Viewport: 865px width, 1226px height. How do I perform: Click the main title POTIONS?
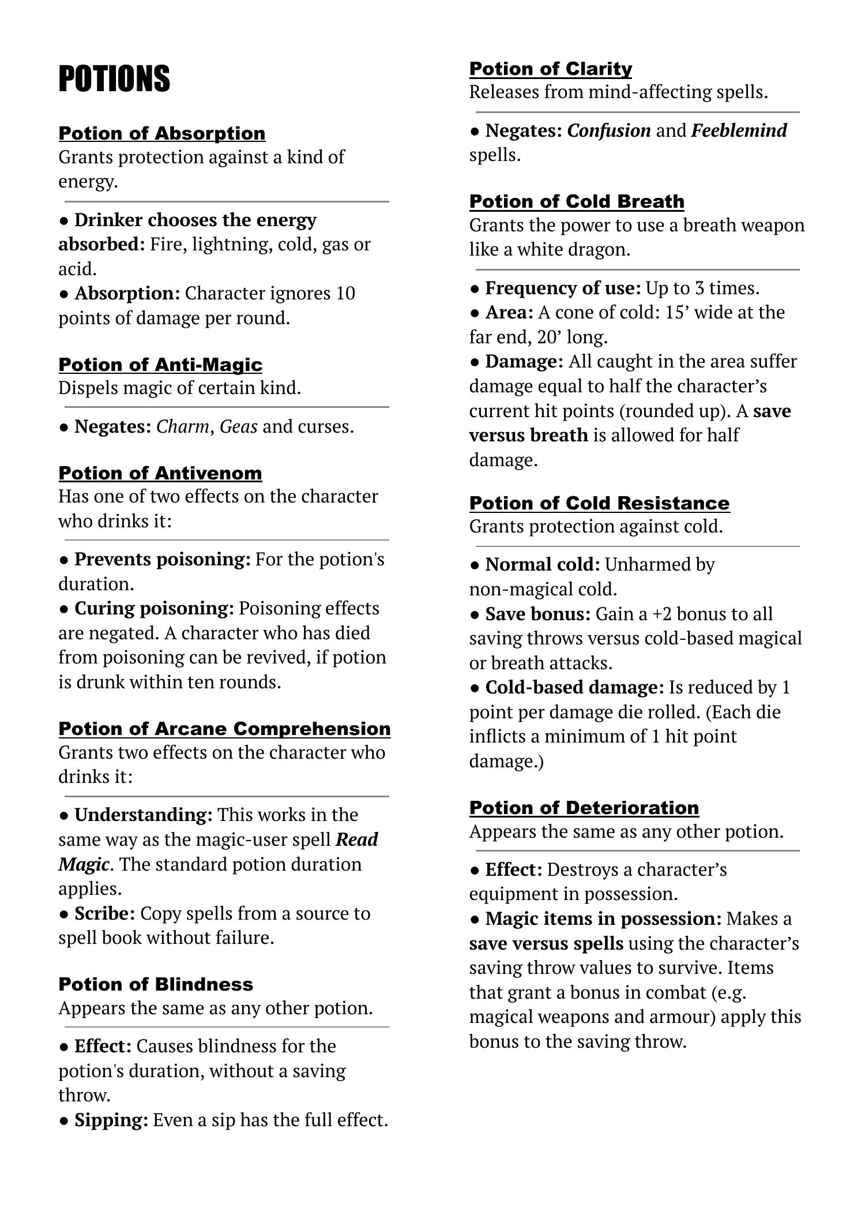click(x=114, y=78)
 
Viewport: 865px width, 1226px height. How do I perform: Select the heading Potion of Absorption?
click(x=162, y=133)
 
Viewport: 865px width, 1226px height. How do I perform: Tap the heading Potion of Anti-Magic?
click(x=160, y=365)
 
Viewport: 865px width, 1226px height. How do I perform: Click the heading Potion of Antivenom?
click(x=160, y=473)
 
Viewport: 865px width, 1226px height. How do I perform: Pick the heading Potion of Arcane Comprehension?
click(x=224, y=729)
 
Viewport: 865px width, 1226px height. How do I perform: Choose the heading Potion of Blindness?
click(x=156, y=984)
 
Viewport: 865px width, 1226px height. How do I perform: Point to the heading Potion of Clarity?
click(x=551, y=69)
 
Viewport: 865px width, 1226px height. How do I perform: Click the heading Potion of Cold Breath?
click(x=577, y=201)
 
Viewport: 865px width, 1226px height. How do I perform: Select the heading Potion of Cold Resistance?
click(x=599, y=503)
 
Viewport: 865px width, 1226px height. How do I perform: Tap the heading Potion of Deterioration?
click(x=584, y=808)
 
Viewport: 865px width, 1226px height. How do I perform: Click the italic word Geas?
click(x=239, y=427)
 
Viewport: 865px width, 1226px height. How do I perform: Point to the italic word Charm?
click(x=183, y=427)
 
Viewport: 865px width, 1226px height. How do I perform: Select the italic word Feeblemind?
click(x=739, y=131)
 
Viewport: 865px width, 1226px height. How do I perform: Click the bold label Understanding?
click(x=144, y=815)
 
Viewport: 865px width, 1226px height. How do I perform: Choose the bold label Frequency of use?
click(x=563, y=288)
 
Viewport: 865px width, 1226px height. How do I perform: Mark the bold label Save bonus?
click(x=538, y=614)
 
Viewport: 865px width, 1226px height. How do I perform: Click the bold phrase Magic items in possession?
click(x=603, y=919)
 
